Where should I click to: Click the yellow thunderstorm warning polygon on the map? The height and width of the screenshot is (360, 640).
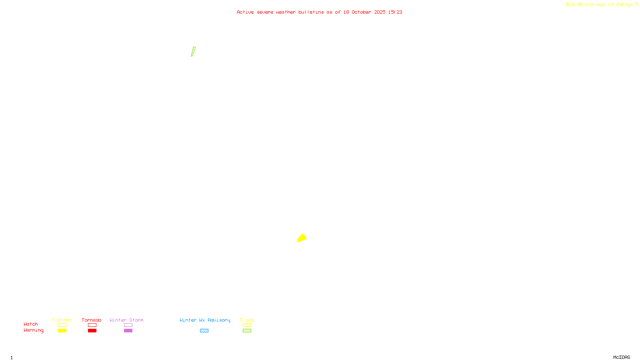[302, 238]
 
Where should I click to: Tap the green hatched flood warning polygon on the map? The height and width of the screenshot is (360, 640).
[193, 52]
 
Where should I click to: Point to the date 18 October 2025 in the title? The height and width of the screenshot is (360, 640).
[364, 12]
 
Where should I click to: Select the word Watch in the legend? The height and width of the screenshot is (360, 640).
[31, 324]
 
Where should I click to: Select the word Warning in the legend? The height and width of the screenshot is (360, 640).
[33, 330]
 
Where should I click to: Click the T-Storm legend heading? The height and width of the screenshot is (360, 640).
[62, 320]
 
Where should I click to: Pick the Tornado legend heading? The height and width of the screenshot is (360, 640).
[92, 320]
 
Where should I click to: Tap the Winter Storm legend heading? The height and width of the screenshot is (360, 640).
[126, 320]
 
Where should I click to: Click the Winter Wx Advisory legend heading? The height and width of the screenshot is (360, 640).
[205, 320]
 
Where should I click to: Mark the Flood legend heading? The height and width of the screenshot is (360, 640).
[247, 320]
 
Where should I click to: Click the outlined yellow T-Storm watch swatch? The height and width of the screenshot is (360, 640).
[62, 325]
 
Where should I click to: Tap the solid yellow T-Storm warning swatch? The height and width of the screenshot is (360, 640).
[62, 331]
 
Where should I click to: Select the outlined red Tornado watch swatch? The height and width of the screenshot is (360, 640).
[92, 325]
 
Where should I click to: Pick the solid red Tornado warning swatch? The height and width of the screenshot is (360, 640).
[92, 331]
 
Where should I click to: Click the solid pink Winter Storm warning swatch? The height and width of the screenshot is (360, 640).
[128, 331]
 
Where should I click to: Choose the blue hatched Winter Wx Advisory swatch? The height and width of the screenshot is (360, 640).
[204, 331]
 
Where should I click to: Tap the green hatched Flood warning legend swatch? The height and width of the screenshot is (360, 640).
[247, 331]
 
